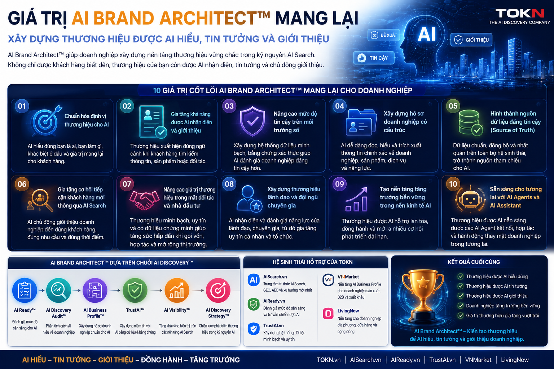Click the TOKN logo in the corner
click(519, 16)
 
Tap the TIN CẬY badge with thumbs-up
click(373, 58)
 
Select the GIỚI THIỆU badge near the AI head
click(471, 40)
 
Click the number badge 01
click(22, 106)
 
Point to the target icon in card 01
click(46, 121)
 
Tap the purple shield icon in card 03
click(252, 121)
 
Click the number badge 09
click(339, 184)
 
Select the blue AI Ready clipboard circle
click(25, 290)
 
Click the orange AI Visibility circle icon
click(177, 290)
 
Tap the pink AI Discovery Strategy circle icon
click(218, 290)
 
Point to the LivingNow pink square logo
click(328, 314)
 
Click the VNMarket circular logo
click(328, 280)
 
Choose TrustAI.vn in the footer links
click(442, 360)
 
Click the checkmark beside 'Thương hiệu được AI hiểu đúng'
click(460, 276)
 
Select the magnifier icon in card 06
click(40, 199)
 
